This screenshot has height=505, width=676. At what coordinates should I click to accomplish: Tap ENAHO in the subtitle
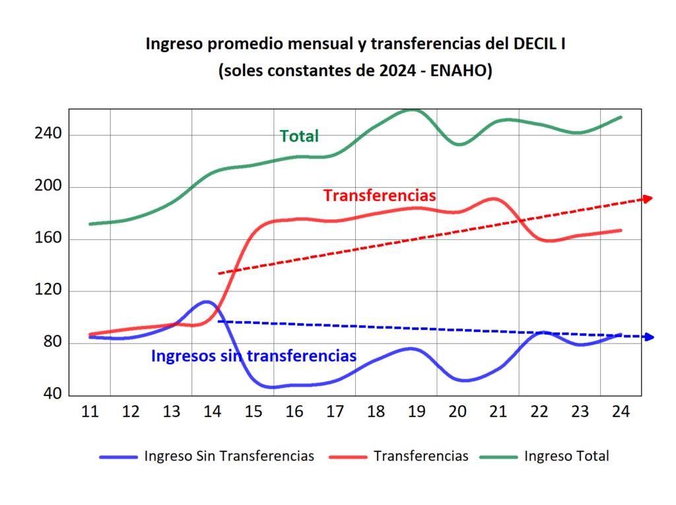[457, 71]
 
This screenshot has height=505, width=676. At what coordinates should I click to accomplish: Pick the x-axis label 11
[90, 412]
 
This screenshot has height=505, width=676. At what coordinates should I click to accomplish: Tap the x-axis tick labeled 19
[417, 412]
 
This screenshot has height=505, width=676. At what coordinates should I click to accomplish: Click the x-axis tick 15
[253, 412]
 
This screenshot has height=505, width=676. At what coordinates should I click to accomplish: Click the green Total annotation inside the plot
[299, 136]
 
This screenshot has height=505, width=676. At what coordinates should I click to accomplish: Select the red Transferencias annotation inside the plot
[380, 196]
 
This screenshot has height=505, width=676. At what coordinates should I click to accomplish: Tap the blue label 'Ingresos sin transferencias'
[253, 356]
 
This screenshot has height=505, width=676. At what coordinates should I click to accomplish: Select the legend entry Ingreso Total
[566, 456]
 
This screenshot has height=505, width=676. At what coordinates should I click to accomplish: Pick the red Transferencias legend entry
[421, 456]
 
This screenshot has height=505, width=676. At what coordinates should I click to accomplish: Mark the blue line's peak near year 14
[207, 302]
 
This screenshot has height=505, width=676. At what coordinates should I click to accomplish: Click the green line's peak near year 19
[412, 110]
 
